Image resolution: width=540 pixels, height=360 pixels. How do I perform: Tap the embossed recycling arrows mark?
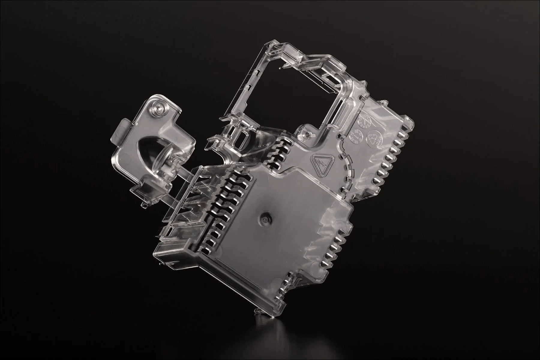373,138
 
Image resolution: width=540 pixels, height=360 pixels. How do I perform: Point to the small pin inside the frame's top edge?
280,68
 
